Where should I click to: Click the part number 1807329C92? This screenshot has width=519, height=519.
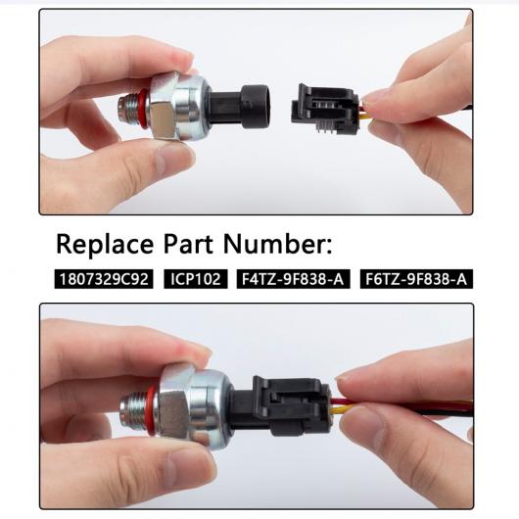[104, 279]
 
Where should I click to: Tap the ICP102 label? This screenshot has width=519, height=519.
[196, 279]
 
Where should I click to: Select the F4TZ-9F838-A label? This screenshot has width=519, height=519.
[293, 279]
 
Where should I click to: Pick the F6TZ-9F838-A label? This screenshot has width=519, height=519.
[416, 279]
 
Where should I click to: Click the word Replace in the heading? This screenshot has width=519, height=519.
[105, 244]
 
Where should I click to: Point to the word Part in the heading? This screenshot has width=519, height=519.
[188, 244]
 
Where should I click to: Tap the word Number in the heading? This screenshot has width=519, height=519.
[277, 244]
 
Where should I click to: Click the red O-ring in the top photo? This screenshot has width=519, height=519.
[143, 109]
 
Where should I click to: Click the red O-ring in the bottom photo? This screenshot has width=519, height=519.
[151, 408]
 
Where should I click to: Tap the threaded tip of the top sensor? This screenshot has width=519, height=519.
[129, 109]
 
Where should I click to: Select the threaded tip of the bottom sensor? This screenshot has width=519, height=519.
[133, 408]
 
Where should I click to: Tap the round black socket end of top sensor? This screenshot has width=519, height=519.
[255, 107]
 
